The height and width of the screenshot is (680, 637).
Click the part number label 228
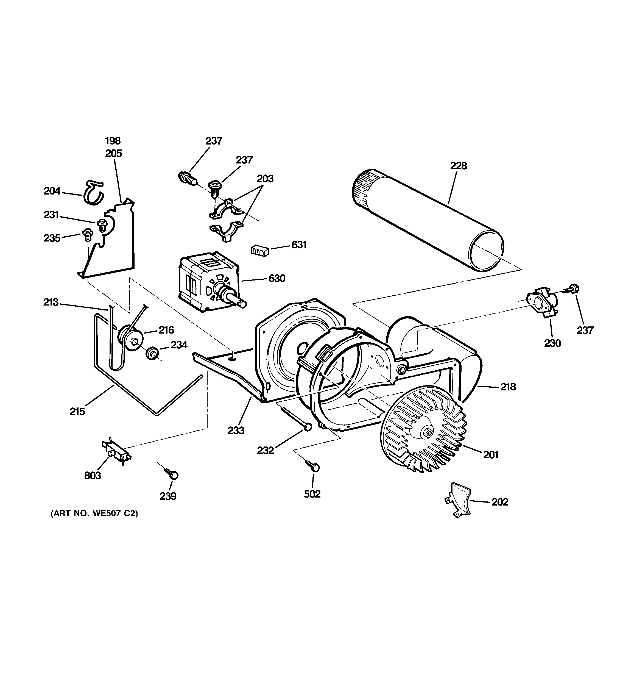458,166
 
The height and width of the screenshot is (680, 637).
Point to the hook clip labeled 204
93,193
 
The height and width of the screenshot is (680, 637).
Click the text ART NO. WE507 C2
94,514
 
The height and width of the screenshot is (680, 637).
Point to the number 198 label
113,141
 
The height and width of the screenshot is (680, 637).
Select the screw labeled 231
102,225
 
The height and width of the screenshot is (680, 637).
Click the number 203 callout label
265,179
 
